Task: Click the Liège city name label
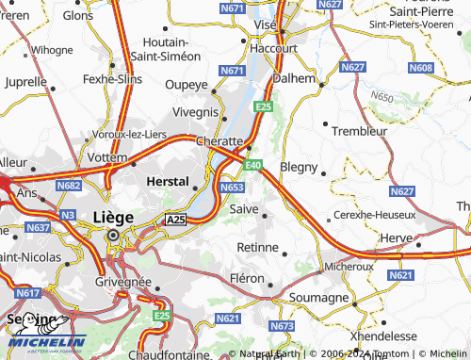point(113,217)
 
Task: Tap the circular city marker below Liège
point(115,236)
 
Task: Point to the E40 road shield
point(252,166)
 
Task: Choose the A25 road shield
point(176,220)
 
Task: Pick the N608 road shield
point(422,68)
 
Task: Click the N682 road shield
point(68,187)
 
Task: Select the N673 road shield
point(282,326)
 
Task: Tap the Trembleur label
point(360,131)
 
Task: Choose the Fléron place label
point(248,278)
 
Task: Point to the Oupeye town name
point(186,86)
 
